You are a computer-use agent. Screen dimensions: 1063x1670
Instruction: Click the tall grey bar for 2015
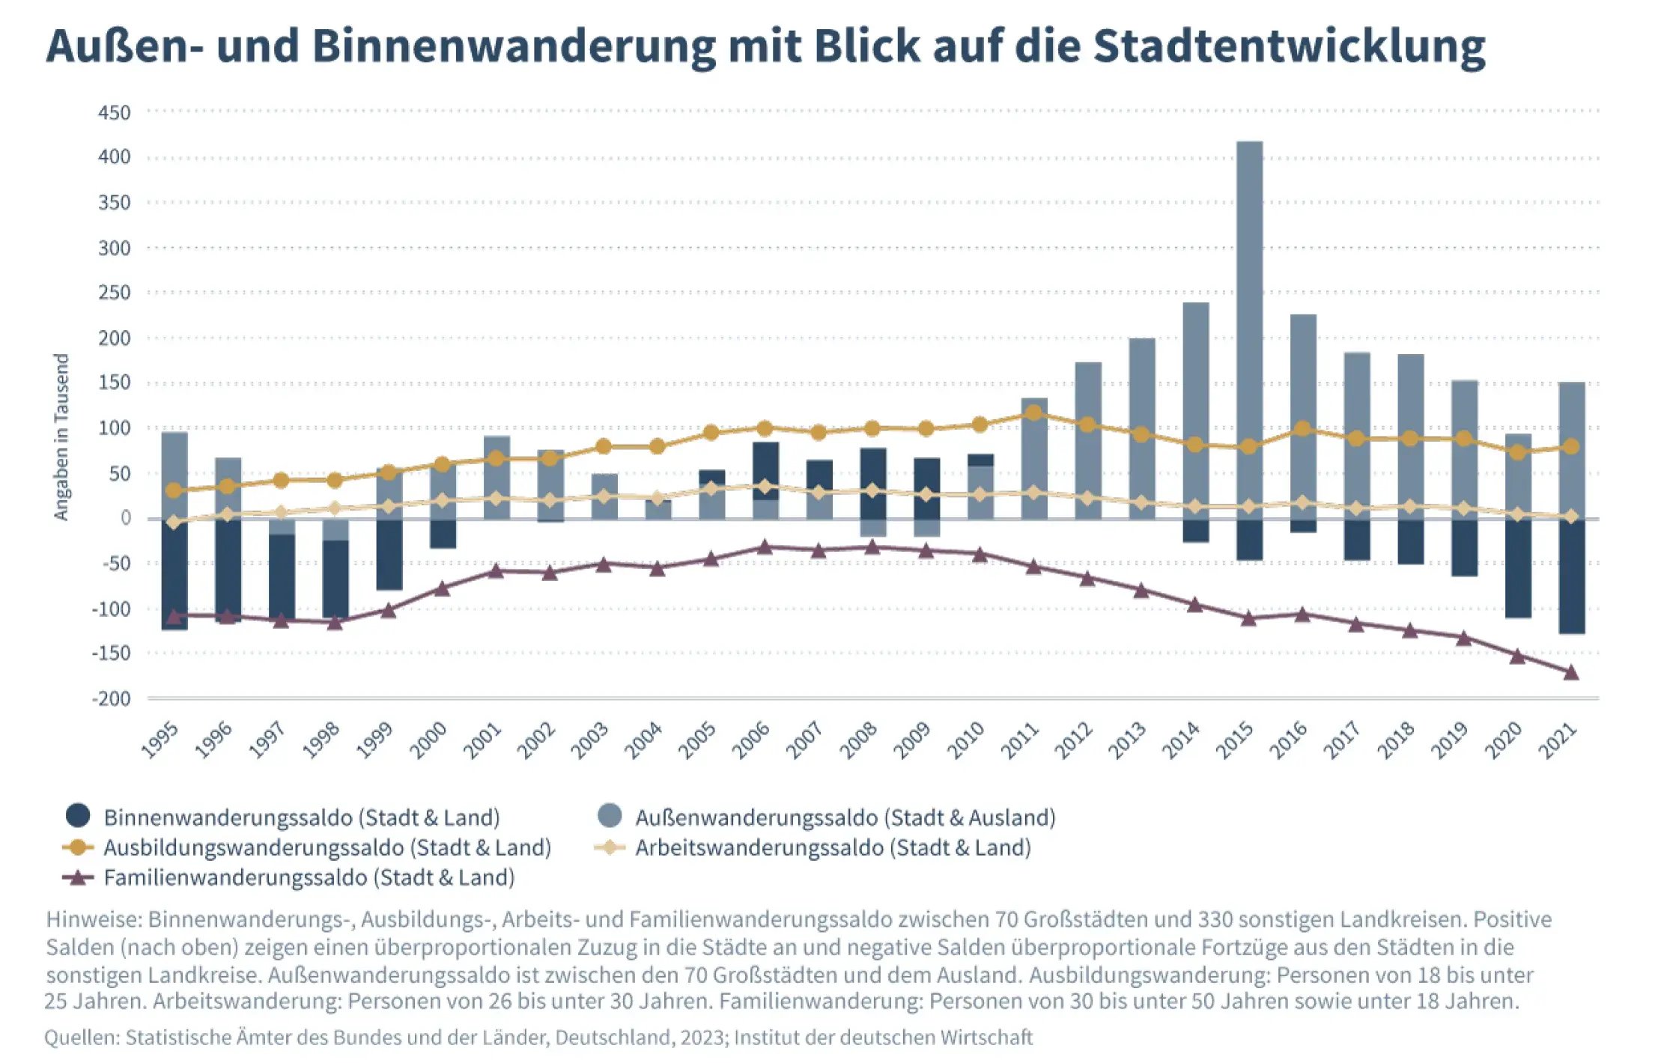[x=1248, y=299]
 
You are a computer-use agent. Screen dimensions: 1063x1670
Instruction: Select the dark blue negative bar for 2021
[x=1571, y=576]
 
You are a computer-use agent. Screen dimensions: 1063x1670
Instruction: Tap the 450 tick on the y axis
[x=114, y=113]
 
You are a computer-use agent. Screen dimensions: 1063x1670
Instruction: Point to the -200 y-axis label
[x=111, y=698]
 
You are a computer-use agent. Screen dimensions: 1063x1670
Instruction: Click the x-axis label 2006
[x=751, y=740]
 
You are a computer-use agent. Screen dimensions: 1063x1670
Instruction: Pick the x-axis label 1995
[x=160, y=740]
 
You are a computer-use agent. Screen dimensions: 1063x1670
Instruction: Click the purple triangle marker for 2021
[x=1571, y=672]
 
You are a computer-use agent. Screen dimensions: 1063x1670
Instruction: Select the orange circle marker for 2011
[x=1033, y=413]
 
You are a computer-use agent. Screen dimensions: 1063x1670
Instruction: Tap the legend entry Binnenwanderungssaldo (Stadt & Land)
[x=301, y=817]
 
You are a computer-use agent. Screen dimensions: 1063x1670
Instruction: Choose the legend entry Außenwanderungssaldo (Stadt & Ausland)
[x=845, y=817]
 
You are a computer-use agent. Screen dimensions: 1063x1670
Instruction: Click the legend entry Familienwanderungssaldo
[x=309, y=877]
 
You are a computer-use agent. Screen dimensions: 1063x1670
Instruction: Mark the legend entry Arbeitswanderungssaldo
[x=833, y=847]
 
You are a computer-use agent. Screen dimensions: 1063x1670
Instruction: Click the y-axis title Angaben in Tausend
[x=61, y=437]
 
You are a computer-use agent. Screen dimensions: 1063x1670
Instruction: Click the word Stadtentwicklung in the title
[x=1289, y=46]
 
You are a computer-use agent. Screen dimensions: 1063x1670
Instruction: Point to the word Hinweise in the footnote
[x=93, y=919]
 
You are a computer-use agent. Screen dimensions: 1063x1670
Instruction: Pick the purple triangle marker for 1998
[x=335, y=621]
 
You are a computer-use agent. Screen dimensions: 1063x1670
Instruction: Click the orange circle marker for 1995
[x=174, y=490]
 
